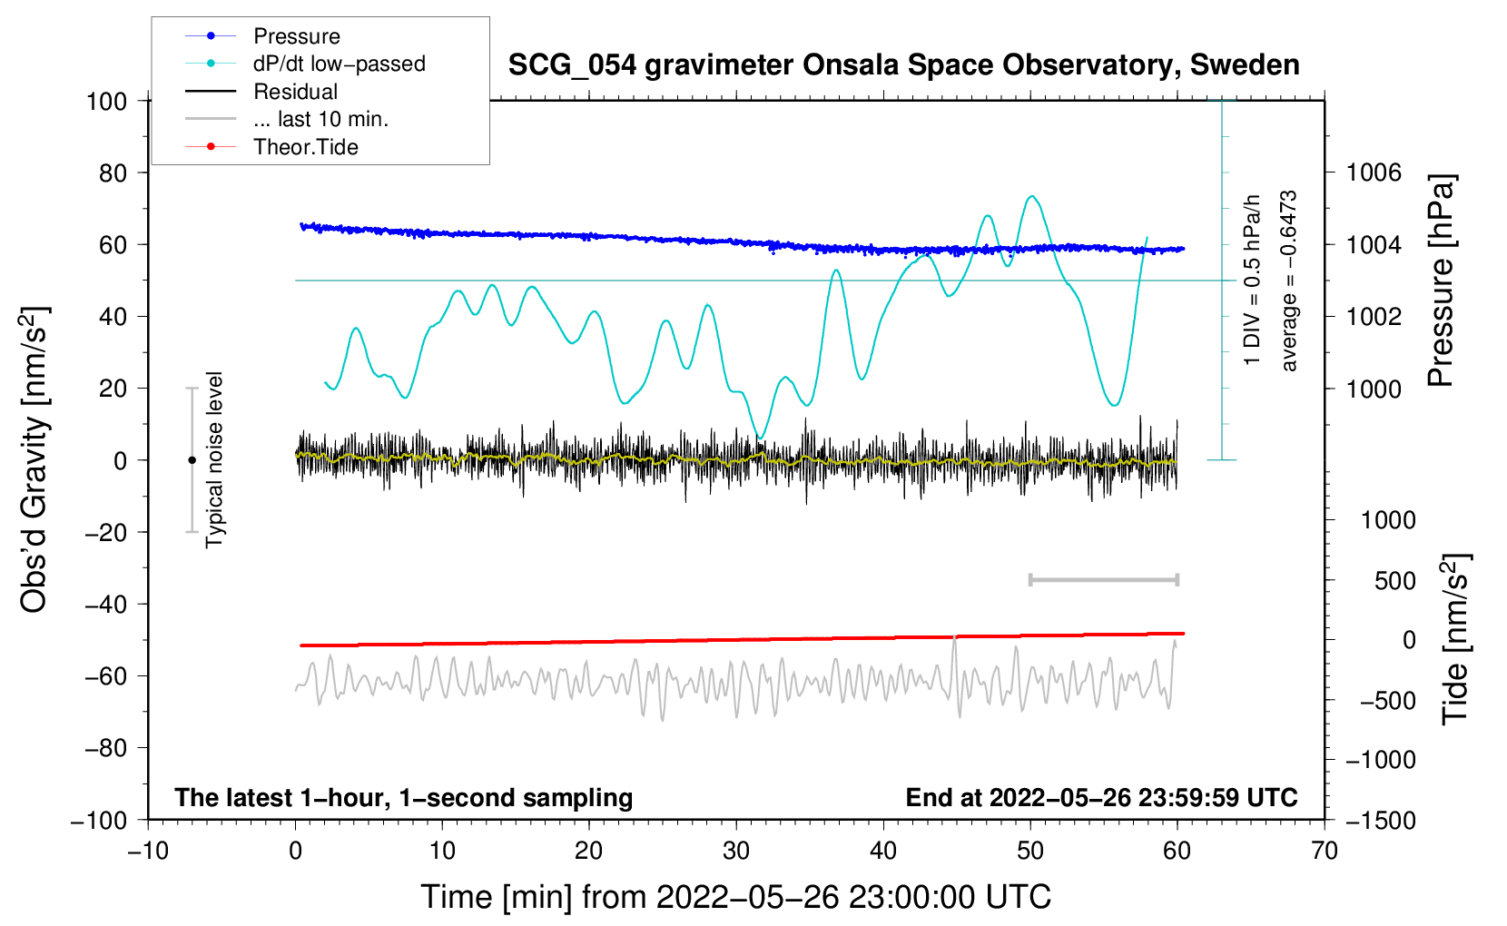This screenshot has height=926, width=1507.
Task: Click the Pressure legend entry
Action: tap(296, 36)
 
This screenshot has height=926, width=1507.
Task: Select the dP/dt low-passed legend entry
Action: tap(339, 64)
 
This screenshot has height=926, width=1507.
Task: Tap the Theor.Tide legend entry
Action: tap(305, 147)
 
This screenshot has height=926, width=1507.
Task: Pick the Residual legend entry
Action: tap(295, 92)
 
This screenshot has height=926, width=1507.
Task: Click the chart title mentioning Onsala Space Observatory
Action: tap(903, 65)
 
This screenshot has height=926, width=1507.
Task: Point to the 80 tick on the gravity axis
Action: tap(107, 172)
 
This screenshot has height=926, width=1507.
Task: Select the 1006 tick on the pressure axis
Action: tap(1374, 172)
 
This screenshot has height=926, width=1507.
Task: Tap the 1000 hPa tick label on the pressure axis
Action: tap(1374, 389)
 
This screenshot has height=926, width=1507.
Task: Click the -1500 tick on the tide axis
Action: tap(1380, 820)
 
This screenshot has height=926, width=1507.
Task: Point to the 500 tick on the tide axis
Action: tap(1394, 581)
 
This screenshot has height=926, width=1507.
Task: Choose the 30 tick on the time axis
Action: tap(736, 851)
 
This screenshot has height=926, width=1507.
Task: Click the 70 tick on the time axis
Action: tap(1325, 851)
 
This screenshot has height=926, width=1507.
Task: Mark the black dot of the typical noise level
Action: tap(192, 460)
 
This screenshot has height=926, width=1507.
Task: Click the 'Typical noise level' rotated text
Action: tap(214, 459)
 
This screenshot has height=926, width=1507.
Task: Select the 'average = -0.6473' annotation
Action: tap(1289, 281)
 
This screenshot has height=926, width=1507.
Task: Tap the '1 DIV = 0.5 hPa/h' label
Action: tap(1253, 280)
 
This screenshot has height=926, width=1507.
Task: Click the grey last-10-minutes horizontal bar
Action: tap(1103, 580)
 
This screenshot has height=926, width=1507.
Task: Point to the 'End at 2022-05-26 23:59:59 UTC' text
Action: tap(1101, 798)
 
